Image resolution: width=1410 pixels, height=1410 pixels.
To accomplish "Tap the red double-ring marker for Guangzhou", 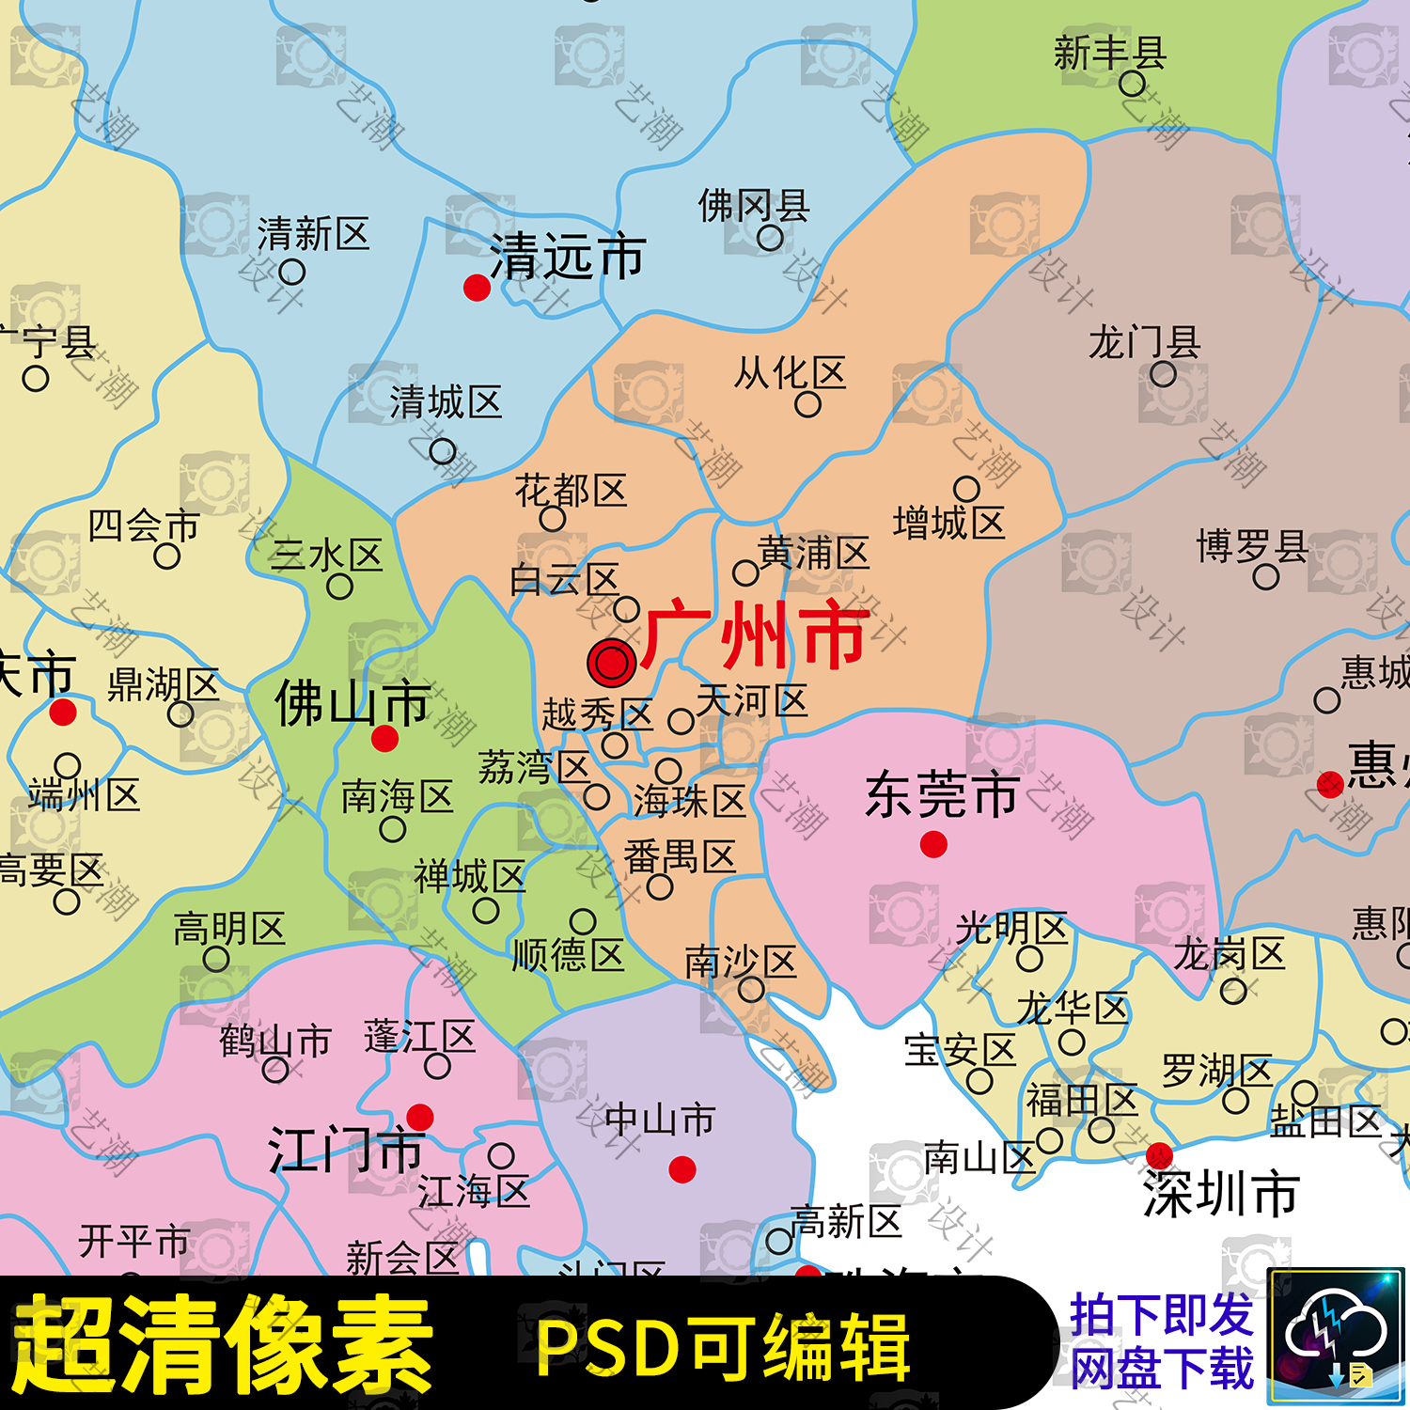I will pyautogui.click(x=612, y=663).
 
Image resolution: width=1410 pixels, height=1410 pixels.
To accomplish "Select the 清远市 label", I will pyautogui.click(x=567, y=257).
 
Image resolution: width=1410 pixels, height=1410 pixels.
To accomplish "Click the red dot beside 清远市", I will pyautogui.click(x=477, y=288).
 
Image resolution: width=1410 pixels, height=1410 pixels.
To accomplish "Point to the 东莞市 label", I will pyautogui.click(x=941, y=794).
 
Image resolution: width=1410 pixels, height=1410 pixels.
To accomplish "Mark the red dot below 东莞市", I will pyautogui.click(x=933, y=845).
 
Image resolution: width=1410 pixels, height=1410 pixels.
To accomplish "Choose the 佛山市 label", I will pyautogui.click(x=352, y=703).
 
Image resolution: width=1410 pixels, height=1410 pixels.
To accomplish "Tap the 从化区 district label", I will pyautogui.click(x=790, y=373).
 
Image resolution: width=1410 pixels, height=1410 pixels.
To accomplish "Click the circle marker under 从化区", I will pyautogui.click(x=807, y=404).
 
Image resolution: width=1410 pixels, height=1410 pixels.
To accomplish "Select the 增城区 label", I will pyautogui.click(x=948, y=523).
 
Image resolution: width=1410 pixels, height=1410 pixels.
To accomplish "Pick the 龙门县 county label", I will pyautogui.click(x=1144, y=343).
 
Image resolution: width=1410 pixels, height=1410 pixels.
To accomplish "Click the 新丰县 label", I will pyautogui.click(x=1110, y=54).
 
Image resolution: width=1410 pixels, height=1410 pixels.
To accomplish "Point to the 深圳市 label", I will pyautogui.click(x=1221, y=1194).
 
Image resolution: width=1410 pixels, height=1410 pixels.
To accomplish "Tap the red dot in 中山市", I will pyautogui.click(x=682, y=1169).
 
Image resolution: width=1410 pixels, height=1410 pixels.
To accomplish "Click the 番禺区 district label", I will pyautogui.click(x=680, y=857).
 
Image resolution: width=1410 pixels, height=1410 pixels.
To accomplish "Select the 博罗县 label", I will pyautogui.click(x=1252, y=546).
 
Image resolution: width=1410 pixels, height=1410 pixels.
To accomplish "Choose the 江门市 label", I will pyautogui.click(x=346, y=1151).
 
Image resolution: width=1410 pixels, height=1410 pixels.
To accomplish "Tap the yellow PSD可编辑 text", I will pyautogui.click(x=722, y=1347).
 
